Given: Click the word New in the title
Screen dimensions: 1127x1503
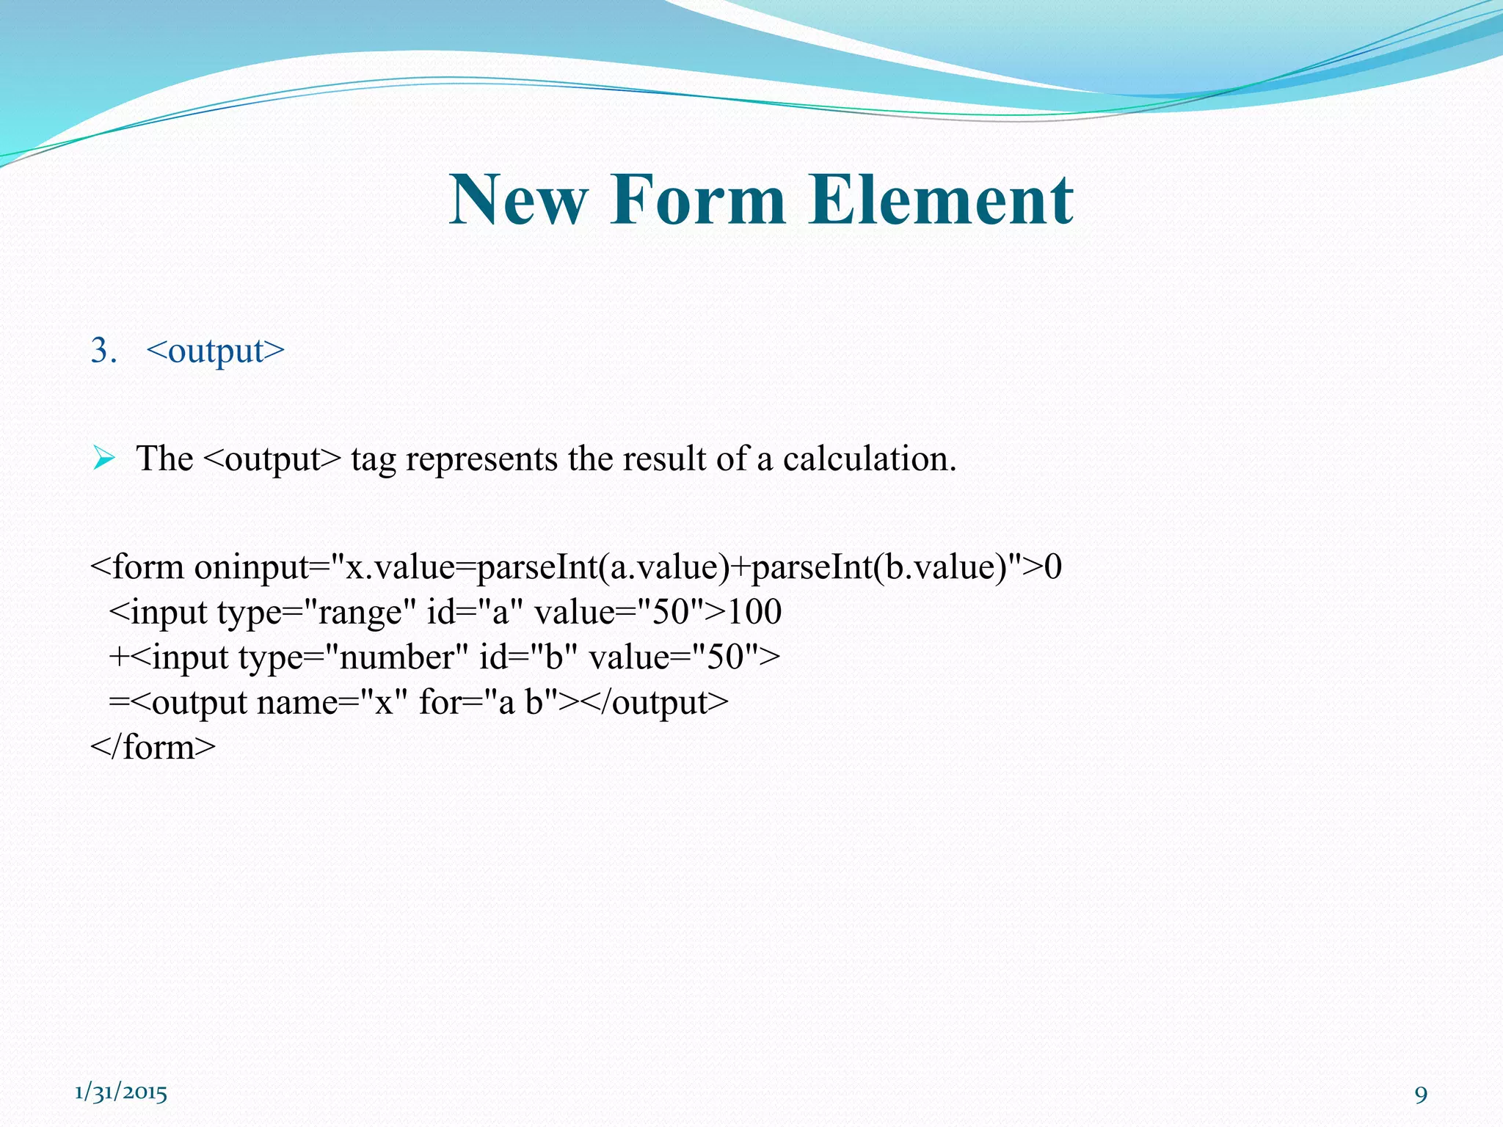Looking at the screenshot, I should pyautogui.click(x=518, y=200).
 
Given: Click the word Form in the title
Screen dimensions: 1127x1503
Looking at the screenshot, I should pyautogui.click(x=697, y=200).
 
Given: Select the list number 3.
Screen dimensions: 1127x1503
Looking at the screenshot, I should pyautogui.click(x=103, y=351).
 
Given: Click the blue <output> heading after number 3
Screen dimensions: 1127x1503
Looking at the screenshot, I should pyautogui.click(x=215, y=351).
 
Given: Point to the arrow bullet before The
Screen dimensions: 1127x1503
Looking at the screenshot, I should pyautogui.click(x=103, y=459).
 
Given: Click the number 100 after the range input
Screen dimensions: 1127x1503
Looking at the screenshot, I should pyautogui.click(x=754, y=612).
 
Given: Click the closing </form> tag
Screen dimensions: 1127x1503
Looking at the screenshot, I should pyautogui.click(x=153, y=747).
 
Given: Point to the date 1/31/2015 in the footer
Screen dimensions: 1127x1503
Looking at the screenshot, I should pyautogui.click(x=121, y=1093).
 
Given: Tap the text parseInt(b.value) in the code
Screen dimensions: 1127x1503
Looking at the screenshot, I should pyautogui.click(x=879, y=567).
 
